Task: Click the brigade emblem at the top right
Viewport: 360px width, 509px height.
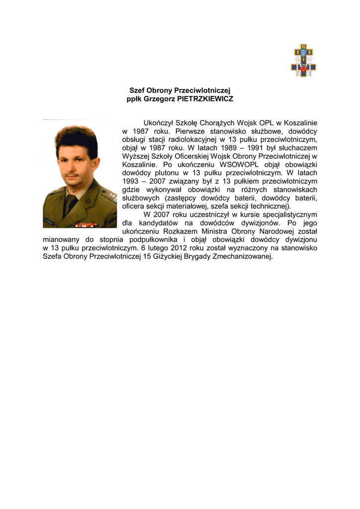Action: [303, 61]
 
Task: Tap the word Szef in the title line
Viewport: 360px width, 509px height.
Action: [136, 90]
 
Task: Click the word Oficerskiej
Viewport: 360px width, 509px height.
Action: [191, 156]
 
